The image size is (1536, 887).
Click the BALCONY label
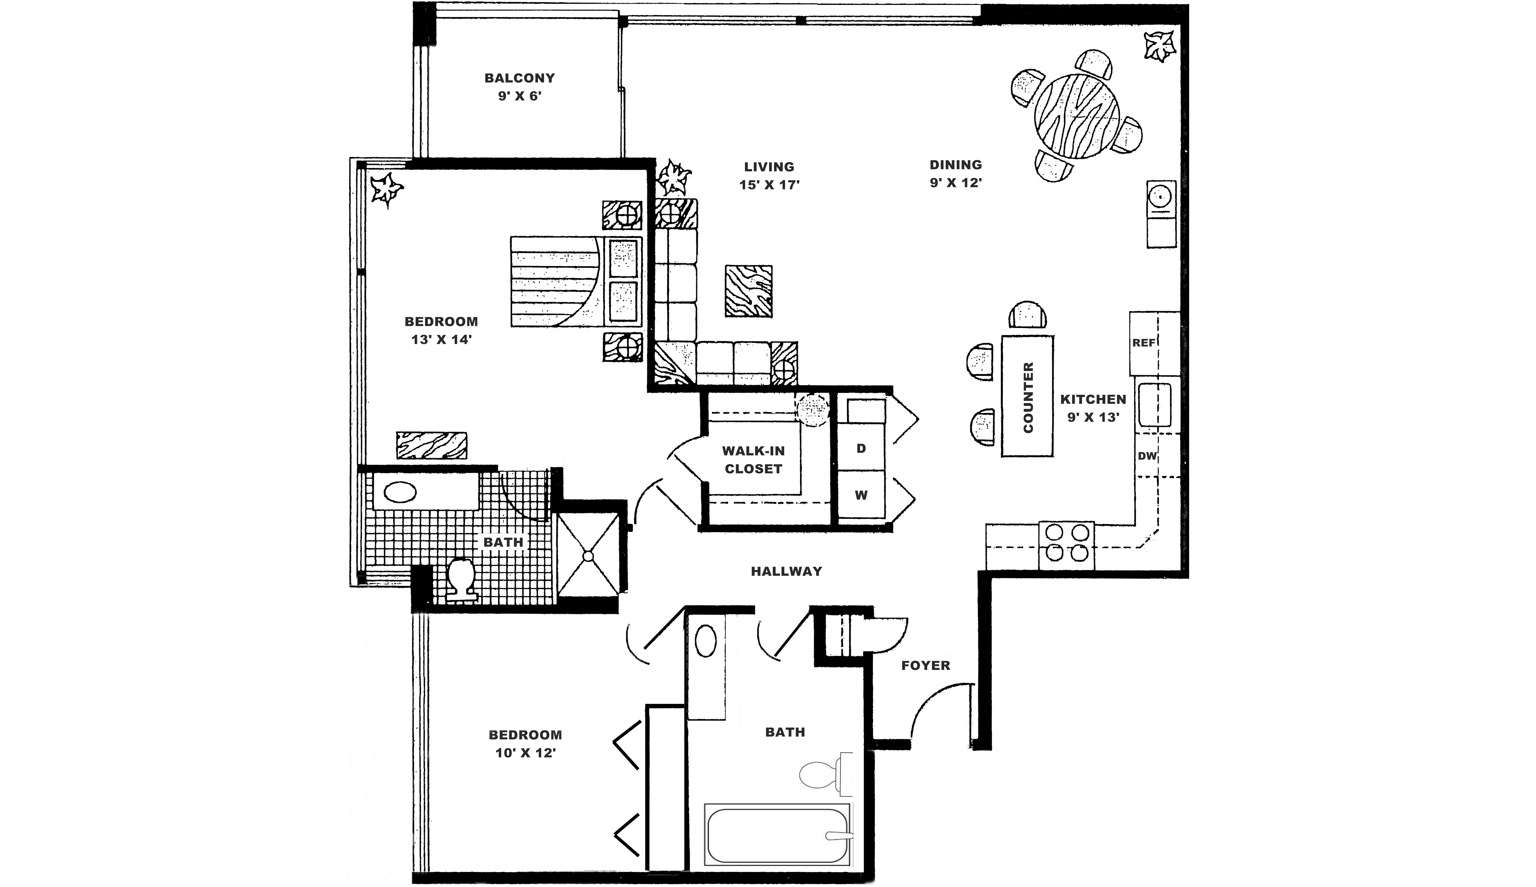point(519,78)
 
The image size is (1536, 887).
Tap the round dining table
point(1076,116)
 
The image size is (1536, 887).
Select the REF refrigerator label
point(1143,343)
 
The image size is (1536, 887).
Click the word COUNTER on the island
point(1028,397)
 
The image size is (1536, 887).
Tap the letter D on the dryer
point(861,448)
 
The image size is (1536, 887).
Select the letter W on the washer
point(861,495)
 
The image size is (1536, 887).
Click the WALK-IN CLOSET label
point(753,460)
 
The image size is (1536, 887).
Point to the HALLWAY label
point(786,571)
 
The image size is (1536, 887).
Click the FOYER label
point(925,665)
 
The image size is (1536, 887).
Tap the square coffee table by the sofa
point(748,291)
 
